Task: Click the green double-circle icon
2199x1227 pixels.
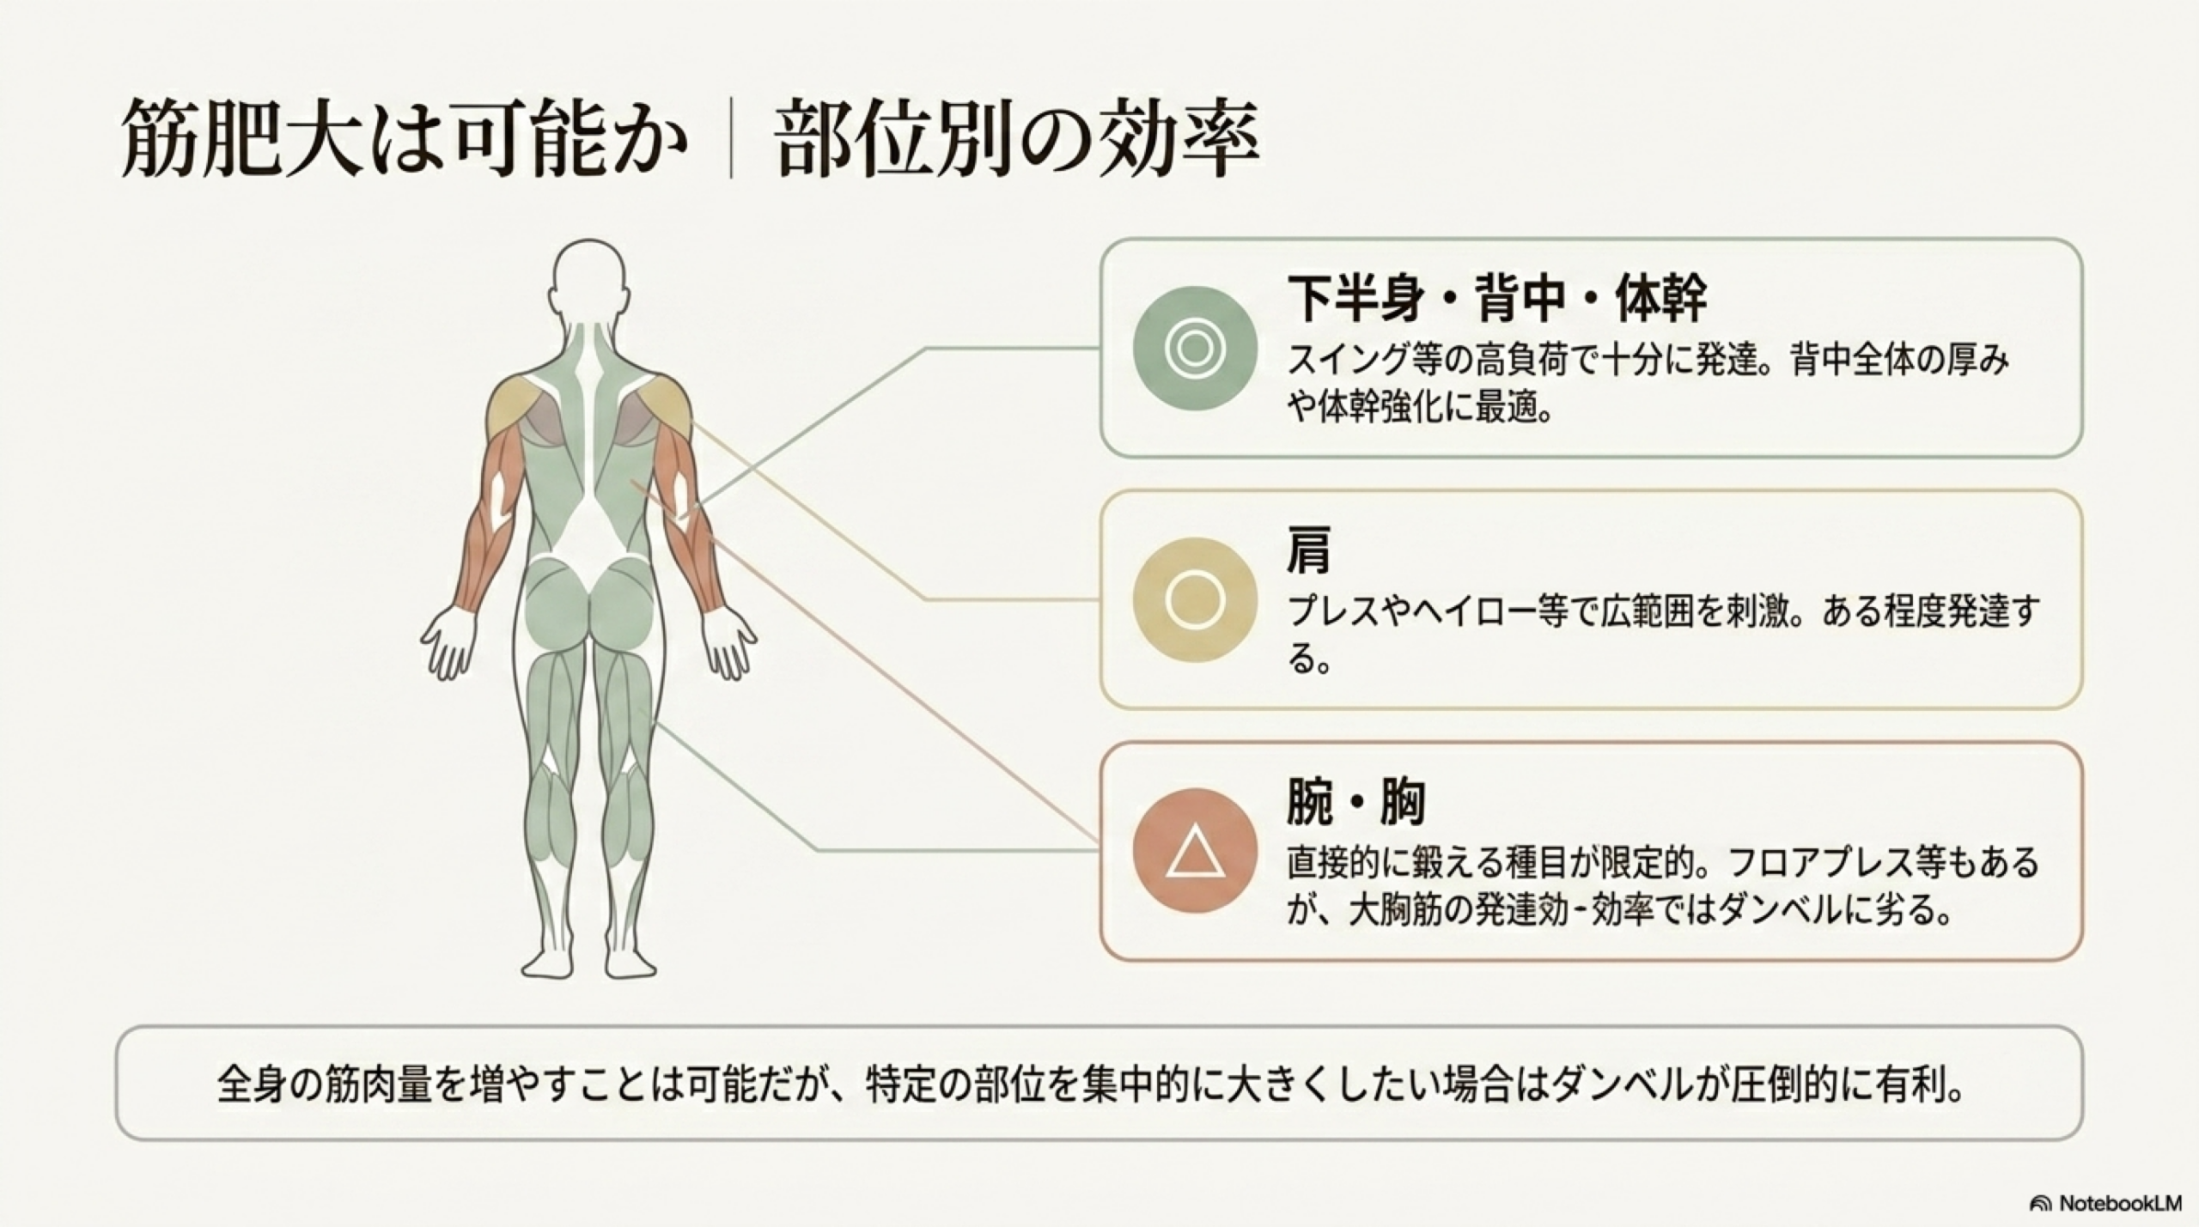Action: (x=1195, y=348)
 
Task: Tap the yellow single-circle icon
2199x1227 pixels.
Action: (x=1195, y=599)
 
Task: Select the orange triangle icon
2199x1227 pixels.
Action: (x=1195, y=850)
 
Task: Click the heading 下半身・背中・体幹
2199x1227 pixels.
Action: (x=1496, y=297)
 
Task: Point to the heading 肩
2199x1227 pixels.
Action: (x=1308, y=550)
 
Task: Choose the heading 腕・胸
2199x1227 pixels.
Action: (x=1355, y=802)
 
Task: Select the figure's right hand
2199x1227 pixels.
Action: (x=730, y=642)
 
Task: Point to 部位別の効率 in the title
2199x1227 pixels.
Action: (x=1017, y=137)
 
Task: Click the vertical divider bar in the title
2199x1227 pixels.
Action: (x=731, y=139)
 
